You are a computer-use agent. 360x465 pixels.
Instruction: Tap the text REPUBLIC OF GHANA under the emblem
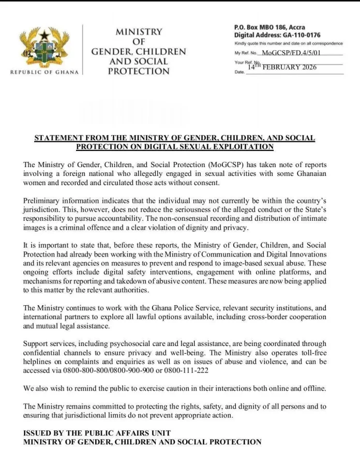click(x=44, y=72)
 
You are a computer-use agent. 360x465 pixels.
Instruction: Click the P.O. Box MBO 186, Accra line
click(x=269, y=27)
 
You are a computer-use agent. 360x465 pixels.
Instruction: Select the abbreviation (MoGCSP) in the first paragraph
click(x=224, y=165)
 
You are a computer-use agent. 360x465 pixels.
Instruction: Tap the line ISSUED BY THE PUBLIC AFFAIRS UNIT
click(x=97, y=433)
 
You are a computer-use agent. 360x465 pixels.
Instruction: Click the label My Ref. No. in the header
click(x=246, y=53)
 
